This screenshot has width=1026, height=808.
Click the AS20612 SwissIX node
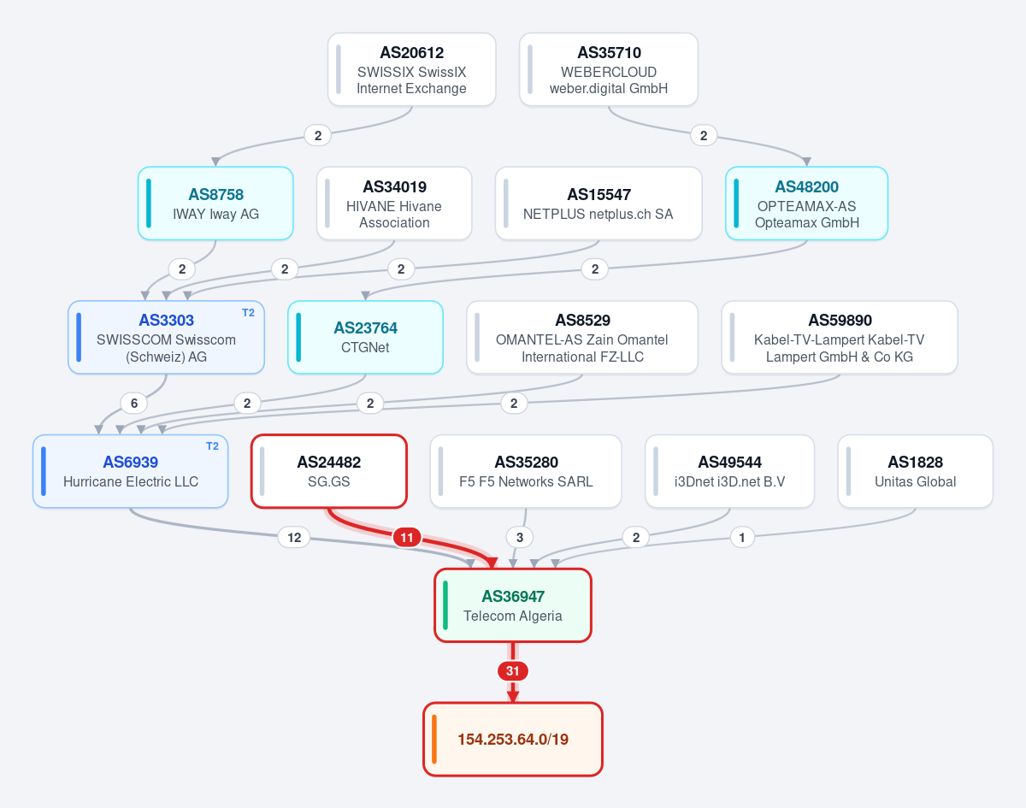[x=412, y=69]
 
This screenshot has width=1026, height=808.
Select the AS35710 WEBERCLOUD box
[x=609, y=69]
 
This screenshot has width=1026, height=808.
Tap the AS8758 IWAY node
[x=215, y=203]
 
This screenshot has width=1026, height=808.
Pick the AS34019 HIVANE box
[x=394, y=203]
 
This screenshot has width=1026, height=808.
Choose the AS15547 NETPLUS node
[x=598, y=203]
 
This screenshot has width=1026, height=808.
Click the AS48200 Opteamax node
[x=806, y=203]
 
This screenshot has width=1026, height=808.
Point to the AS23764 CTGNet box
[x=366, y=337]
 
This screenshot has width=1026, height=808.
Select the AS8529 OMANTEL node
[x=582, y=337]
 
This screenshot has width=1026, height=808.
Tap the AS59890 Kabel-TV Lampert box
[x=840, y=337]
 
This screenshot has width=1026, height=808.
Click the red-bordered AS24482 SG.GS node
[x=329, y=471]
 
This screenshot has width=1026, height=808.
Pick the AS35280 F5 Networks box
[x=526, y=471]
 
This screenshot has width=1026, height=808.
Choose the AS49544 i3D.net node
[x=730, y=471]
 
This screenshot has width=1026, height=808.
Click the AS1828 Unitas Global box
[x=916, y=471]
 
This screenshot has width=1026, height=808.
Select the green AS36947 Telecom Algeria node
[x=513, y=605]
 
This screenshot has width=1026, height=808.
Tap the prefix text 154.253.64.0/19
[x=513, y=740]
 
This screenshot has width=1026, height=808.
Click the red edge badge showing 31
[x=513, y=671]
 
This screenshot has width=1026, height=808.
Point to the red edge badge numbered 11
[x=407, y=538]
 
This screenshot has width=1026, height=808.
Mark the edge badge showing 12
[x=294, y=538]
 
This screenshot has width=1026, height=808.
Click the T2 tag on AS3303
[x=249, y=313]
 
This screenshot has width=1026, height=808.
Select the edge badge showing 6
[x=134, y=404]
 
